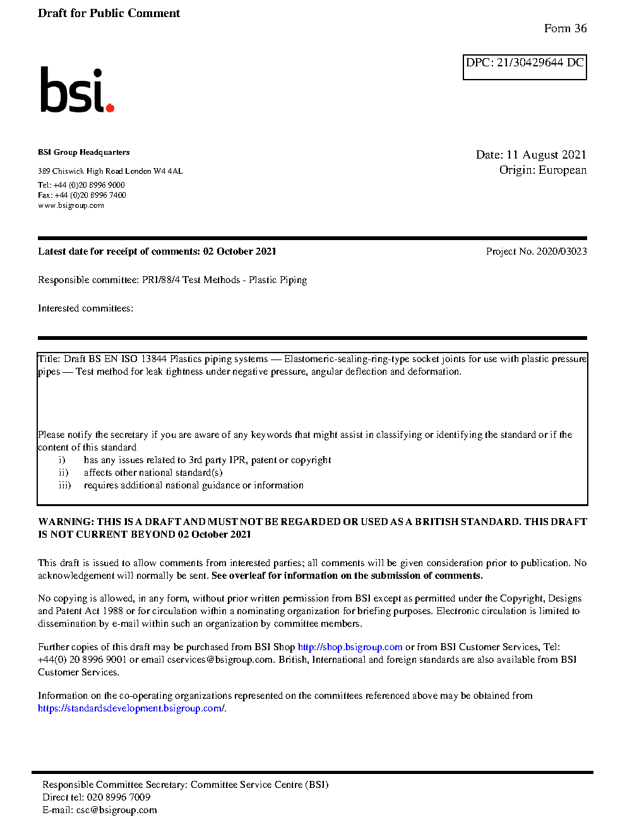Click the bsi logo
(76, 90)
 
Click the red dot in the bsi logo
(110, 108)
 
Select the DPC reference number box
(525, 67)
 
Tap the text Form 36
(565, 28)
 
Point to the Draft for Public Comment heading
(109, 13)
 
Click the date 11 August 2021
(546, 155)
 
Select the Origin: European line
(542, 170)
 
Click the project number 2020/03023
(561, 251)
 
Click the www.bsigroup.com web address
(71, 205)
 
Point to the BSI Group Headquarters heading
(83, 152)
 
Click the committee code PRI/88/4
(160, 280)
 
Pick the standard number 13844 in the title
(154, 359)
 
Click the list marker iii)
(64, 485)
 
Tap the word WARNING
(66, 522)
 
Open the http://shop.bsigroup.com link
(350, 647)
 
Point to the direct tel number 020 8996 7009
(118, 797)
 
